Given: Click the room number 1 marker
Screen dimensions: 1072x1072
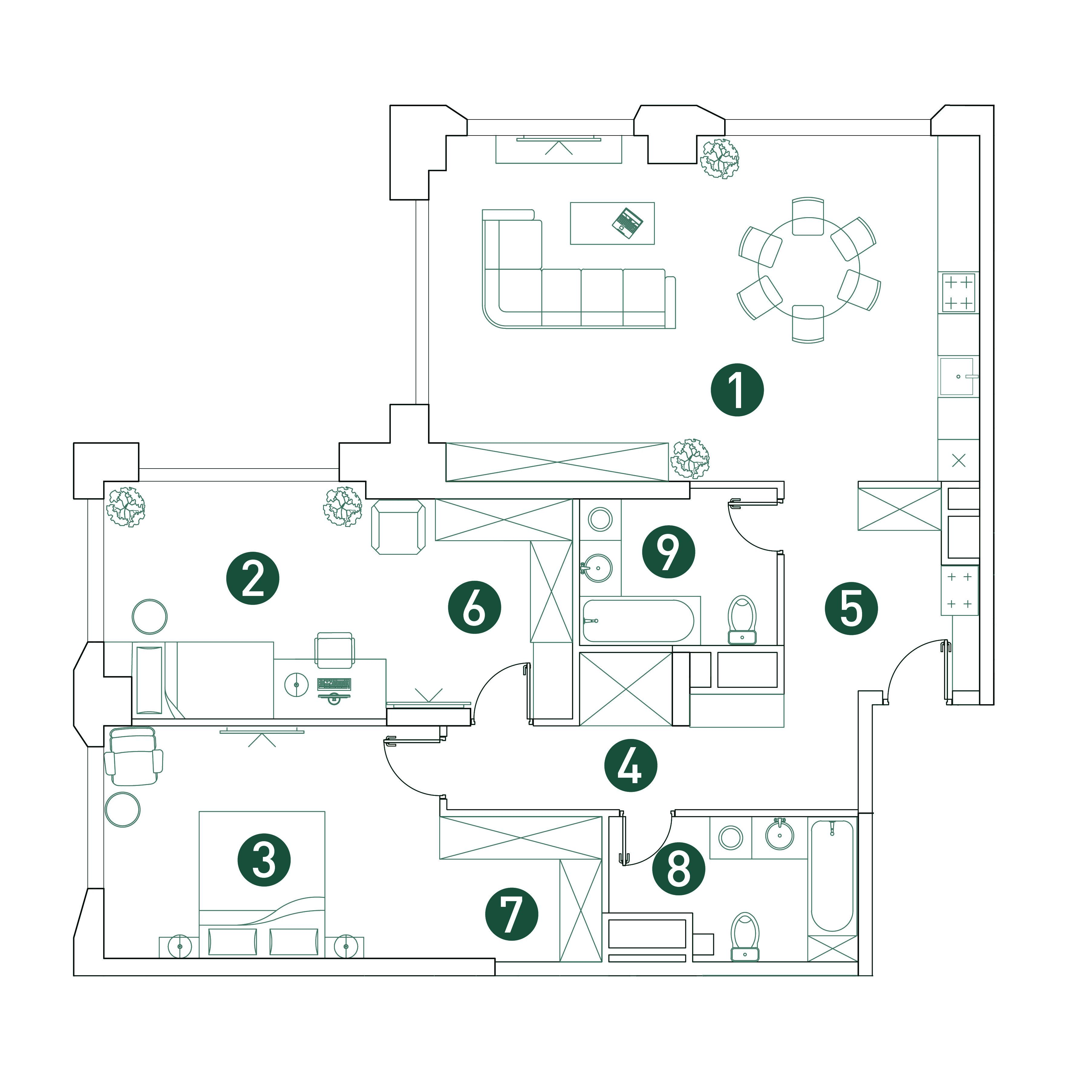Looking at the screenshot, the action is click(x=737, y=390).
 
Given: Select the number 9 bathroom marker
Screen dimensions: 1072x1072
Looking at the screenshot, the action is click(x=668, y=552).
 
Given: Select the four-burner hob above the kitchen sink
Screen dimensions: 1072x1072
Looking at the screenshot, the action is click(x=959, y=293).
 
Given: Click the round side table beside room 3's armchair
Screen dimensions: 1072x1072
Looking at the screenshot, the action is click(x=123, y=809).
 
